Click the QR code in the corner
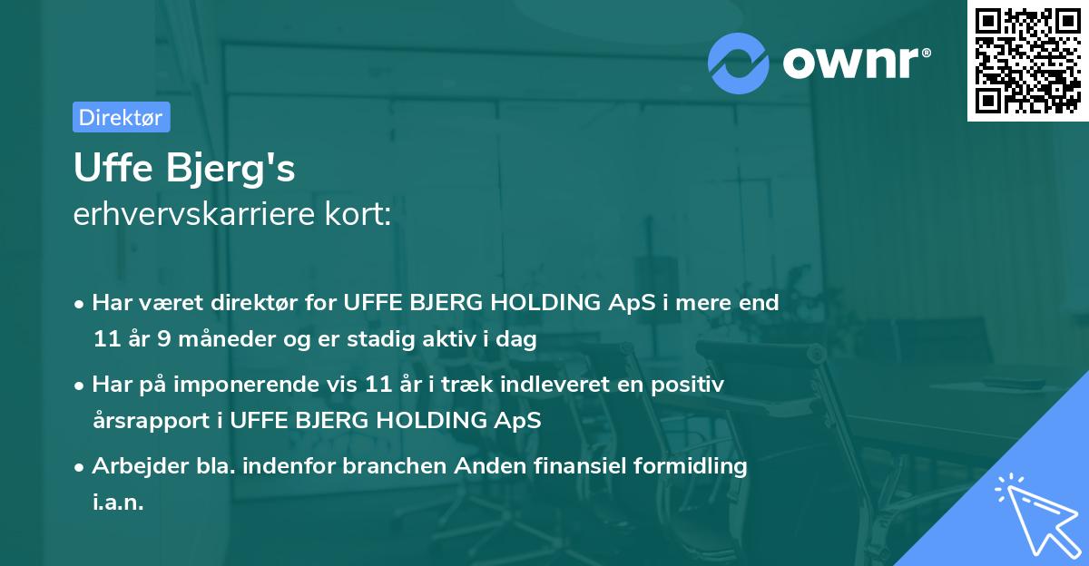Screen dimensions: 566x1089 1027,60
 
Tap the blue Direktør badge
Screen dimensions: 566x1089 121,117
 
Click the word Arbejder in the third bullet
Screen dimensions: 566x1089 132,466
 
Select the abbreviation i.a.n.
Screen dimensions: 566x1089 118,503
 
